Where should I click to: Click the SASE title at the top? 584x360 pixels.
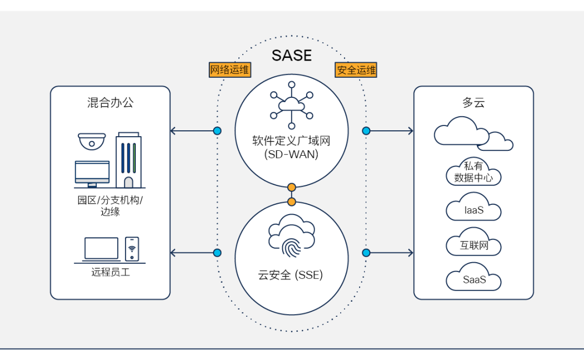coord(291,55)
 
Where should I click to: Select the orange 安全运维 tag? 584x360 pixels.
coord(356,70)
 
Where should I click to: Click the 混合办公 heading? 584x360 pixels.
coord(110,103)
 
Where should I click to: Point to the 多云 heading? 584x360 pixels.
coord(474,103)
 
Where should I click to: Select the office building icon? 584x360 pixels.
coord(128,159)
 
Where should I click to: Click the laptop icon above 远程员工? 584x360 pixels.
coord(101,249)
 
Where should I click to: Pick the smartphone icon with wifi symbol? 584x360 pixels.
coord(132,249)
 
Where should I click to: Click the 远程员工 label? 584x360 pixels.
coord(110,272)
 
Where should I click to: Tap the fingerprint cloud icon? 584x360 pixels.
coord(291,236)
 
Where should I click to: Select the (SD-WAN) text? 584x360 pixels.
coord(291,154)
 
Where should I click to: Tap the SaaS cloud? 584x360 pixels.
coord(474,279)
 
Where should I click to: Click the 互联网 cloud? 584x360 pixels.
coord(474,245)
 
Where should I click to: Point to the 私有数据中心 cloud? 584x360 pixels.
coord(474,172)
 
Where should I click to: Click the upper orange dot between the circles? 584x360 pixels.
coord(292,188)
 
